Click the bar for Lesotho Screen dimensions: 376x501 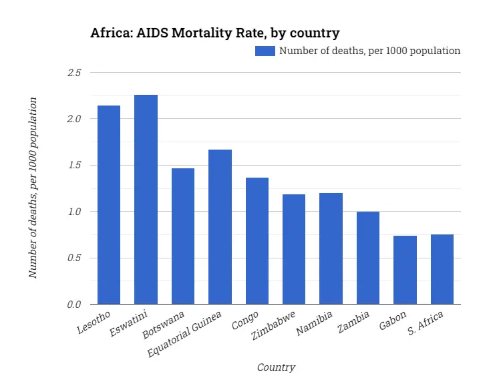pyautogui.click(x=109, y=204)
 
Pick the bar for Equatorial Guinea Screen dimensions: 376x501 pyautogui.click(x=220, y=226)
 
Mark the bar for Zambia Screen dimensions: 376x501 pyautogui.click(x=368, y=258)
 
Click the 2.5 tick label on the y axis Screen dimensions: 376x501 pyautogui.click(x=73, y=72)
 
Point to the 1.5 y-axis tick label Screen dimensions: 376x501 pyautogui.click(x=73, y=165)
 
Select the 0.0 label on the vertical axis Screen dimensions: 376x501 pyautogui.click(x=73, y=305)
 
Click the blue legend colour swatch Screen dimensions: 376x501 pyautogui.click(x=265, y=51)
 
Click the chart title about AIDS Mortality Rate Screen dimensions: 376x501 pyautogui.click(x=215, y=33)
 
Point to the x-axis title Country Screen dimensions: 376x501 pyautogui.click(x=276, y=367)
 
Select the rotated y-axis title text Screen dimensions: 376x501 pyautogui.click(x=33, y=188)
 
